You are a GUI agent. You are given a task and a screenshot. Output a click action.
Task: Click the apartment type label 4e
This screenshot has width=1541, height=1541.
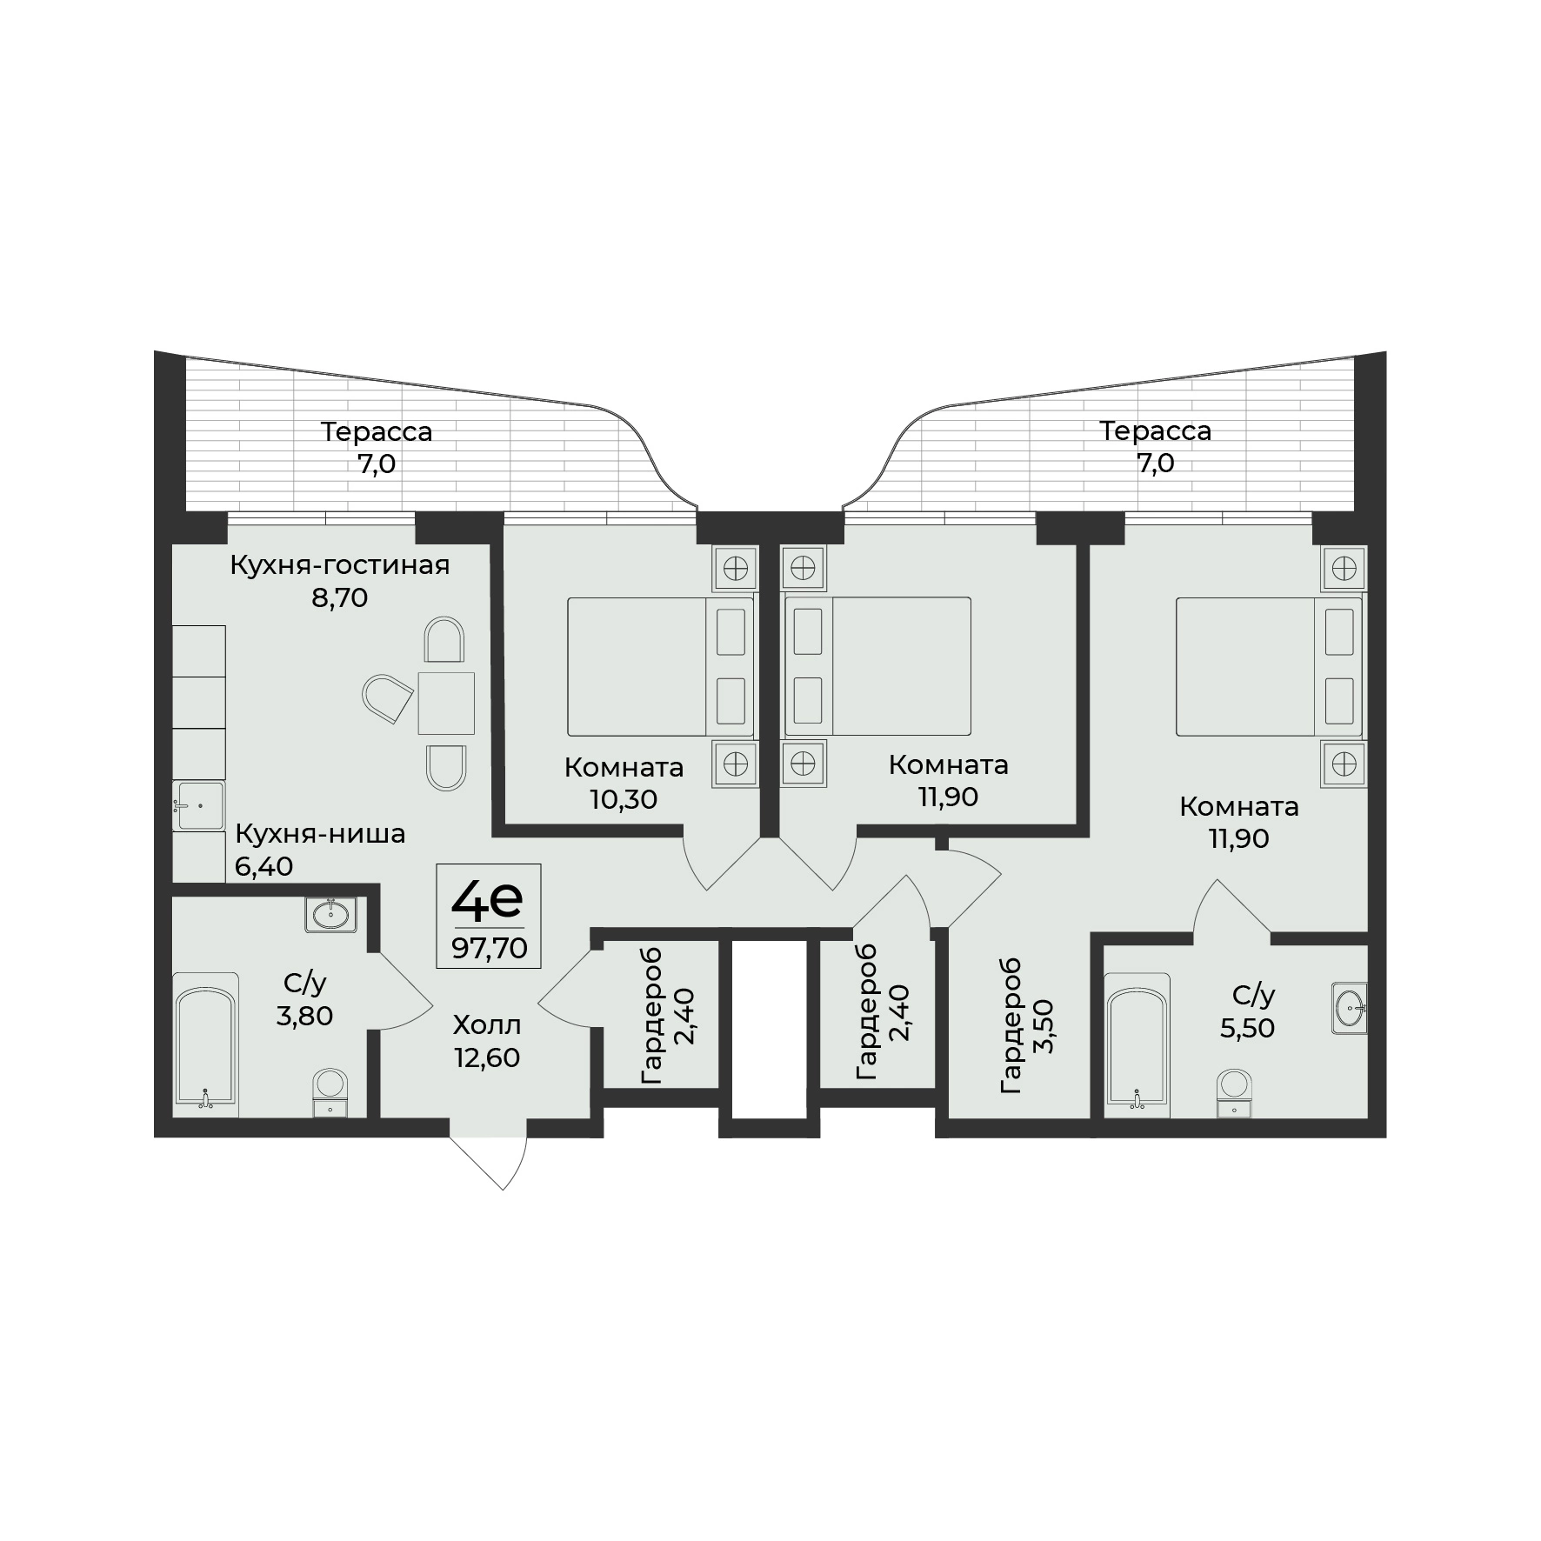click(x=486, y=900)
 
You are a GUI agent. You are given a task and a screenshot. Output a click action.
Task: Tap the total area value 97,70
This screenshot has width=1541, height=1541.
click(x=489, y=948)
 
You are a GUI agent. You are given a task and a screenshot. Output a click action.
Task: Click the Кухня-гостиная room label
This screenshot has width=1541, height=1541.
click(x=340, y=565)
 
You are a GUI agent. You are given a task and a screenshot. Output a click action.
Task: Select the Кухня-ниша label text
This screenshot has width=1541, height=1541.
click(x=320, y=835)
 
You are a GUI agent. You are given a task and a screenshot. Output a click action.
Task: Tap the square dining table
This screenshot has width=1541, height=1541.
click(x=446, y=703)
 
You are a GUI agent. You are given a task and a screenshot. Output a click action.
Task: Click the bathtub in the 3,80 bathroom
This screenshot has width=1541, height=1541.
click(x=205, y=1044)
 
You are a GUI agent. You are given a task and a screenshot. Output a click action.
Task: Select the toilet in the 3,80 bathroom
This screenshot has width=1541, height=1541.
click(x=330, y=1091)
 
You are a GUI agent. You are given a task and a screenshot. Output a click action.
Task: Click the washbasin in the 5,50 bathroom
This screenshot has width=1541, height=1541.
click(x=1349, y=1009)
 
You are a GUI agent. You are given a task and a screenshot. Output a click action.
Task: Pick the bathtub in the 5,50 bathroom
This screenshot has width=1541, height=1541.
click(x=1137, y=1044)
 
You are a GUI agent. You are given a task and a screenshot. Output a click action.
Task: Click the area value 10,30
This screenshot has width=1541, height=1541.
click(x=624, y=799)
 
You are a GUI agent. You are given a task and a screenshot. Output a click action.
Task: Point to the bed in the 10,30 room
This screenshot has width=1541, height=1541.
click(x=661, y=666)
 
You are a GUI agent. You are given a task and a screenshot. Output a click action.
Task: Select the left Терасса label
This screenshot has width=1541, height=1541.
click(x=377, y=431)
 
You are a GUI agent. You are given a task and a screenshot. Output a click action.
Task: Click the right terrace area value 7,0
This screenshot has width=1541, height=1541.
click(x=1155, y=464)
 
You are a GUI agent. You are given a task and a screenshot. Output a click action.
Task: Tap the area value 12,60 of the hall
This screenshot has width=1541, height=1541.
click(x=487, y=1057)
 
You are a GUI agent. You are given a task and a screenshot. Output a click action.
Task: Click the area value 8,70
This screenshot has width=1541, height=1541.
click(x=340, y=597)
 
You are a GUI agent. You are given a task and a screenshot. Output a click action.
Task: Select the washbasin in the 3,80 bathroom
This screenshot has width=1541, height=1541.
click(x=330, y=914)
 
